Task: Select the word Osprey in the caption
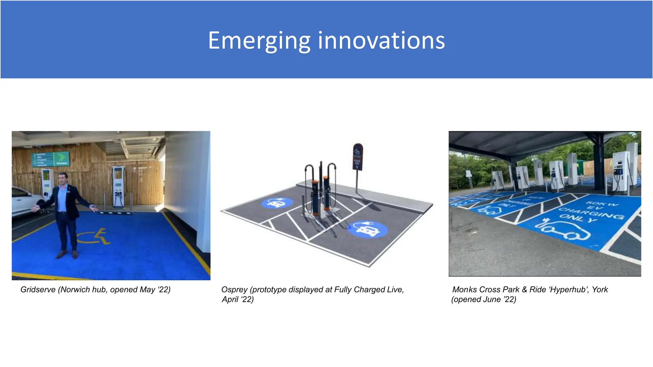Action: (234, 290)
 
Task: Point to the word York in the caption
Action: (600, 290)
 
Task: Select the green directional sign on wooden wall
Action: (51, 159)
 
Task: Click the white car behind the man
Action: (26, 201)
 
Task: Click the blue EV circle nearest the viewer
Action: (367, 229)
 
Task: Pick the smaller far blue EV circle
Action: (277, 203)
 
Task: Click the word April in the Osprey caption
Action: (230, 299)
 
